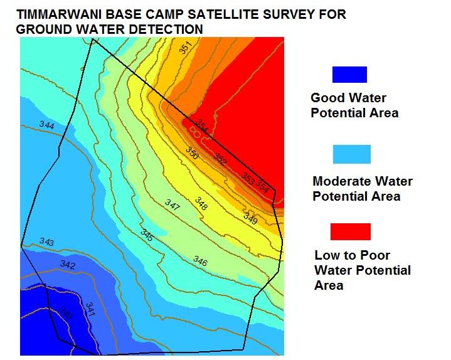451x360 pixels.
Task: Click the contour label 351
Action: click(x=185, y=48)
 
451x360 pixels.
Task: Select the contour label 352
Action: click(x=220, y=159)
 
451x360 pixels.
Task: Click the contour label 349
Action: click(x=250, y=219)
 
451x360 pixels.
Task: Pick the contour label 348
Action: click(x=201, y=203)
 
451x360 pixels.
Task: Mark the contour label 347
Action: click(x=172, y=204)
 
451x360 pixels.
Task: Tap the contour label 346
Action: click(x=200, y=260)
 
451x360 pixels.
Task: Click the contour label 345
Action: click(x=147, y=236)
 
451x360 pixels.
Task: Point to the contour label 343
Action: click(x=46, y=241)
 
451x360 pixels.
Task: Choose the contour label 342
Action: click(x=68, y=265)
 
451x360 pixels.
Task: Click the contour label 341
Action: click(x=90, y=308)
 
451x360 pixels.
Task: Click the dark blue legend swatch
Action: click(x=349, y=75)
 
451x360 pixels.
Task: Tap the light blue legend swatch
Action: click(x=351, y=154)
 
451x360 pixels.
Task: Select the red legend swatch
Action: click(x=351, y=231)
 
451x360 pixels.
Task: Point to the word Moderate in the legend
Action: click(x=342, y=182)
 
